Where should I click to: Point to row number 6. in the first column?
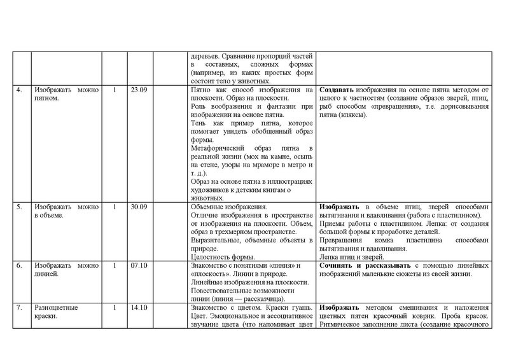20,265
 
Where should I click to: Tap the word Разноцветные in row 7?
55,308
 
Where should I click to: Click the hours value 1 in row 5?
114,207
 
